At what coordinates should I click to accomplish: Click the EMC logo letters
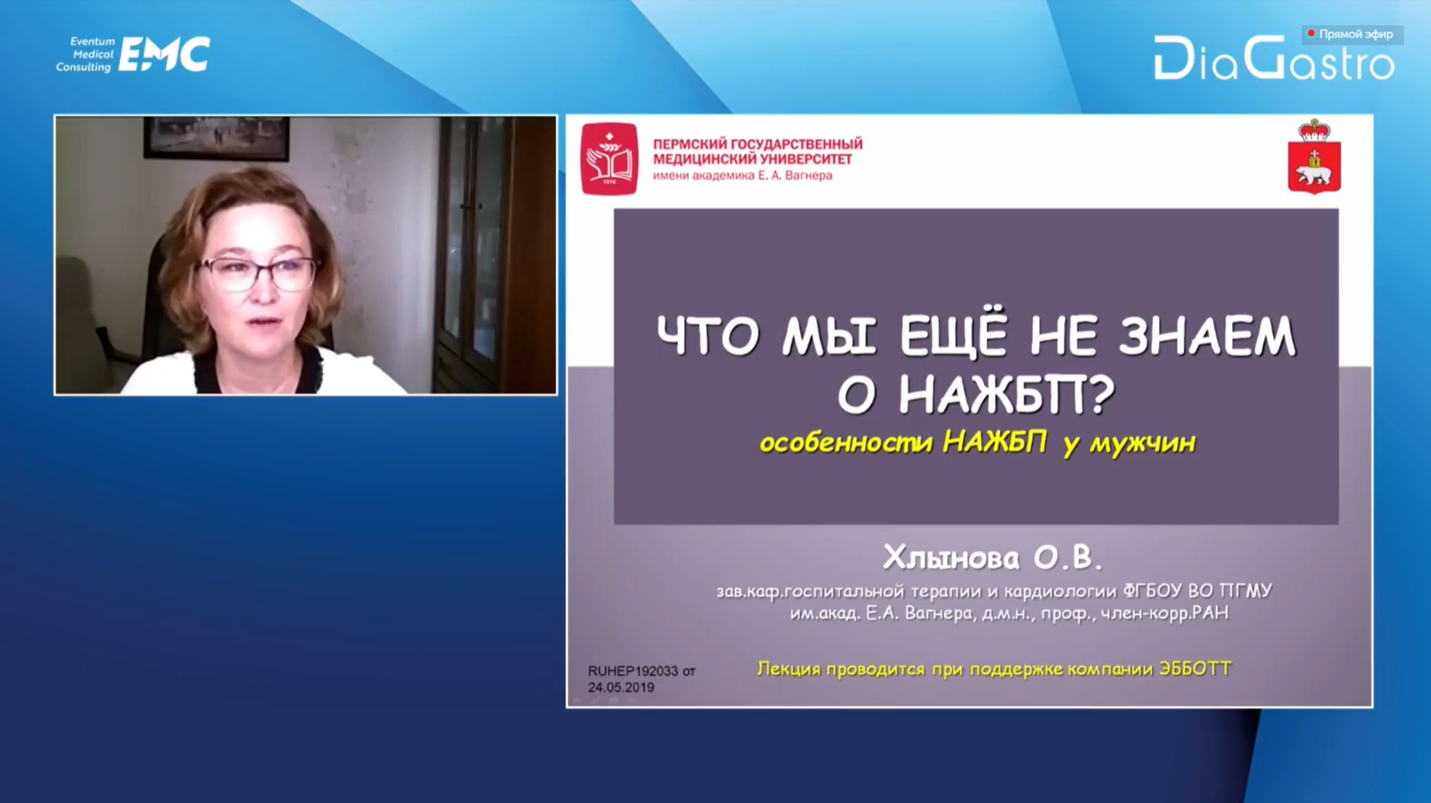(164, 54)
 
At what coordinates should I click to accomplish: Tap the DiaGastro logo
(1274, 58)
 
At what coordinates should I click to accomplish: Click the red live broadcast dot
(1311, 33)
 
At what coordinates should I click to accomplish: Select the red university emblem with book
(609, 158)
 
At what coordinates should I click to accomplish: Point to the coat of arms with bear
(1315, 156)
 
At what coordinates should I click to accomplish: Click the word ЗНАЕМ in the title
(1206, 337)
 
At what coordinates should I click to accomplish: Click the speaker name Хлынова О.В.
(992, 558)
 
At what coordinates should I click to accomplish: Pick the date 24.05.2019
(621, 688)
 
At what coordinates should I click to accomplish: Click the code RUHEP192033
(633, 671)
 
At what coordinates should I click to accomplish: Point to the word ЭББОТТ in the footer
(1194, 669)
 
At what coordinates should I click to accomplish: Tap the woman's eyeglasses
(256, 274)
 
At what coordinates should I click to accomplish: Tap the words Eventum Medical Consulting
(84, 54)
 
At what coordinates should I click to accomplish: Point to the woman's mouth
(264, 322)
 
